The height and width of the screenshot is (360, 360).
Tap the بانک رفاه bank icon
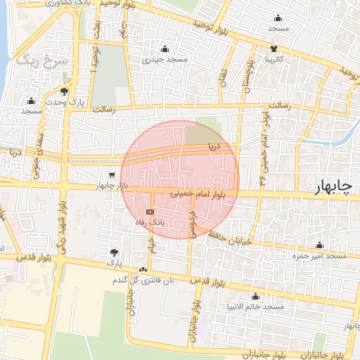149,212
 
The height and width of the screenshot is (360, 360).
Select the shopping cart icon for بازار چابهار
112,174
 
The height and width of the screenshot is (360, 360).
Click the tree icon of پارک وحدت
65,92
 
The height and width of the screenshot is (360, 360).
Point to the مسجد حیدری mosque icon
165,49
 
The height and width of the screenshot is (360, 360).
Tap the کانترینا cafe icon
274,49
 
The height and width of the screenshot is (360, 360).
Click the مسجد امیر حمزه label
321,256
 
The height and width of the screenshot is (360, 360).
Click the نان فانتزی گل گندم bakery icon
143,270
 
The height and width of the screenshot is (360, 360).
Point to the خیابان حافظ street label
235,240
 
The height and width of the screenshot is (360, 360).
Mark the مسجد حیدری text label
165,60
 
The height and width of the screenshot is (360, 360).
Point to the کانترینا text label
274,60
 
